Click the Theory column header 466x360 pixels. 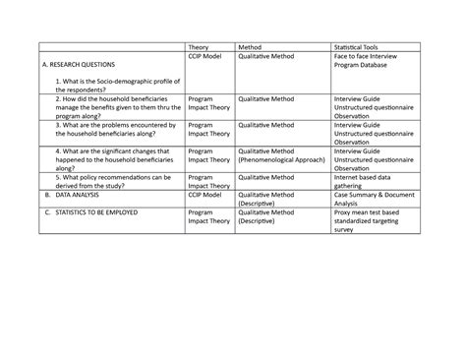200,47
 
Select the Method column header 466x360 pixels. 250,47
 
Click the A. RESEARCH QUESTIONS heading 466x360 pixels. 86,64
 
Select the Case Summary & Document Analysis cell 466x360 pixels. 371,199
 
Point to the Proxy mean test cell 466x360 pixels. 373,220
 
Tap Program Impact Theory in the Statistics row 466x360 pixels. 207,215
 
